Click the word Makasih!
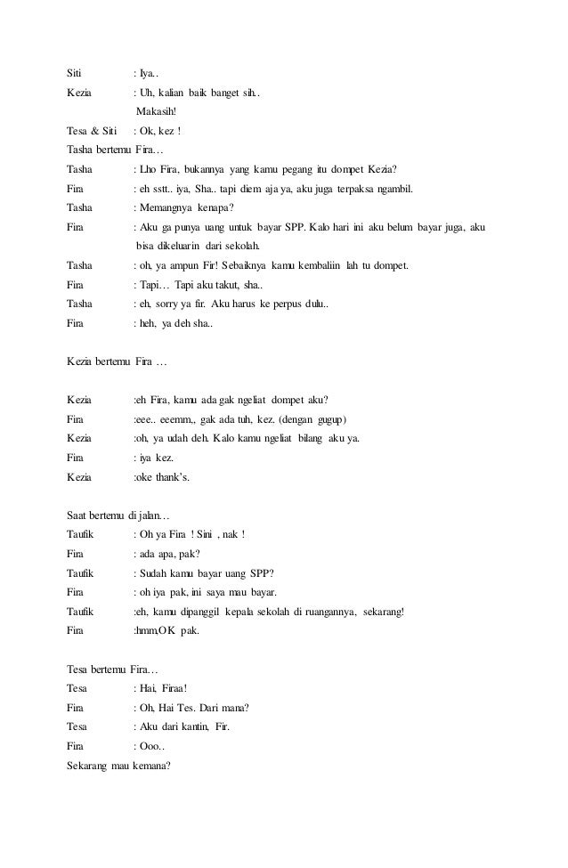pyautogui.click(x=157, y=112)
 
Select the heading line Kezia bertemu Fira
pyautogui.click(x=117, y=361)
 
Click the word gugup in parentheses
pyautogui.click(x=329, y=419)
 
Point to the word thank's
pyautogui.click(x=174, y=477)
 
